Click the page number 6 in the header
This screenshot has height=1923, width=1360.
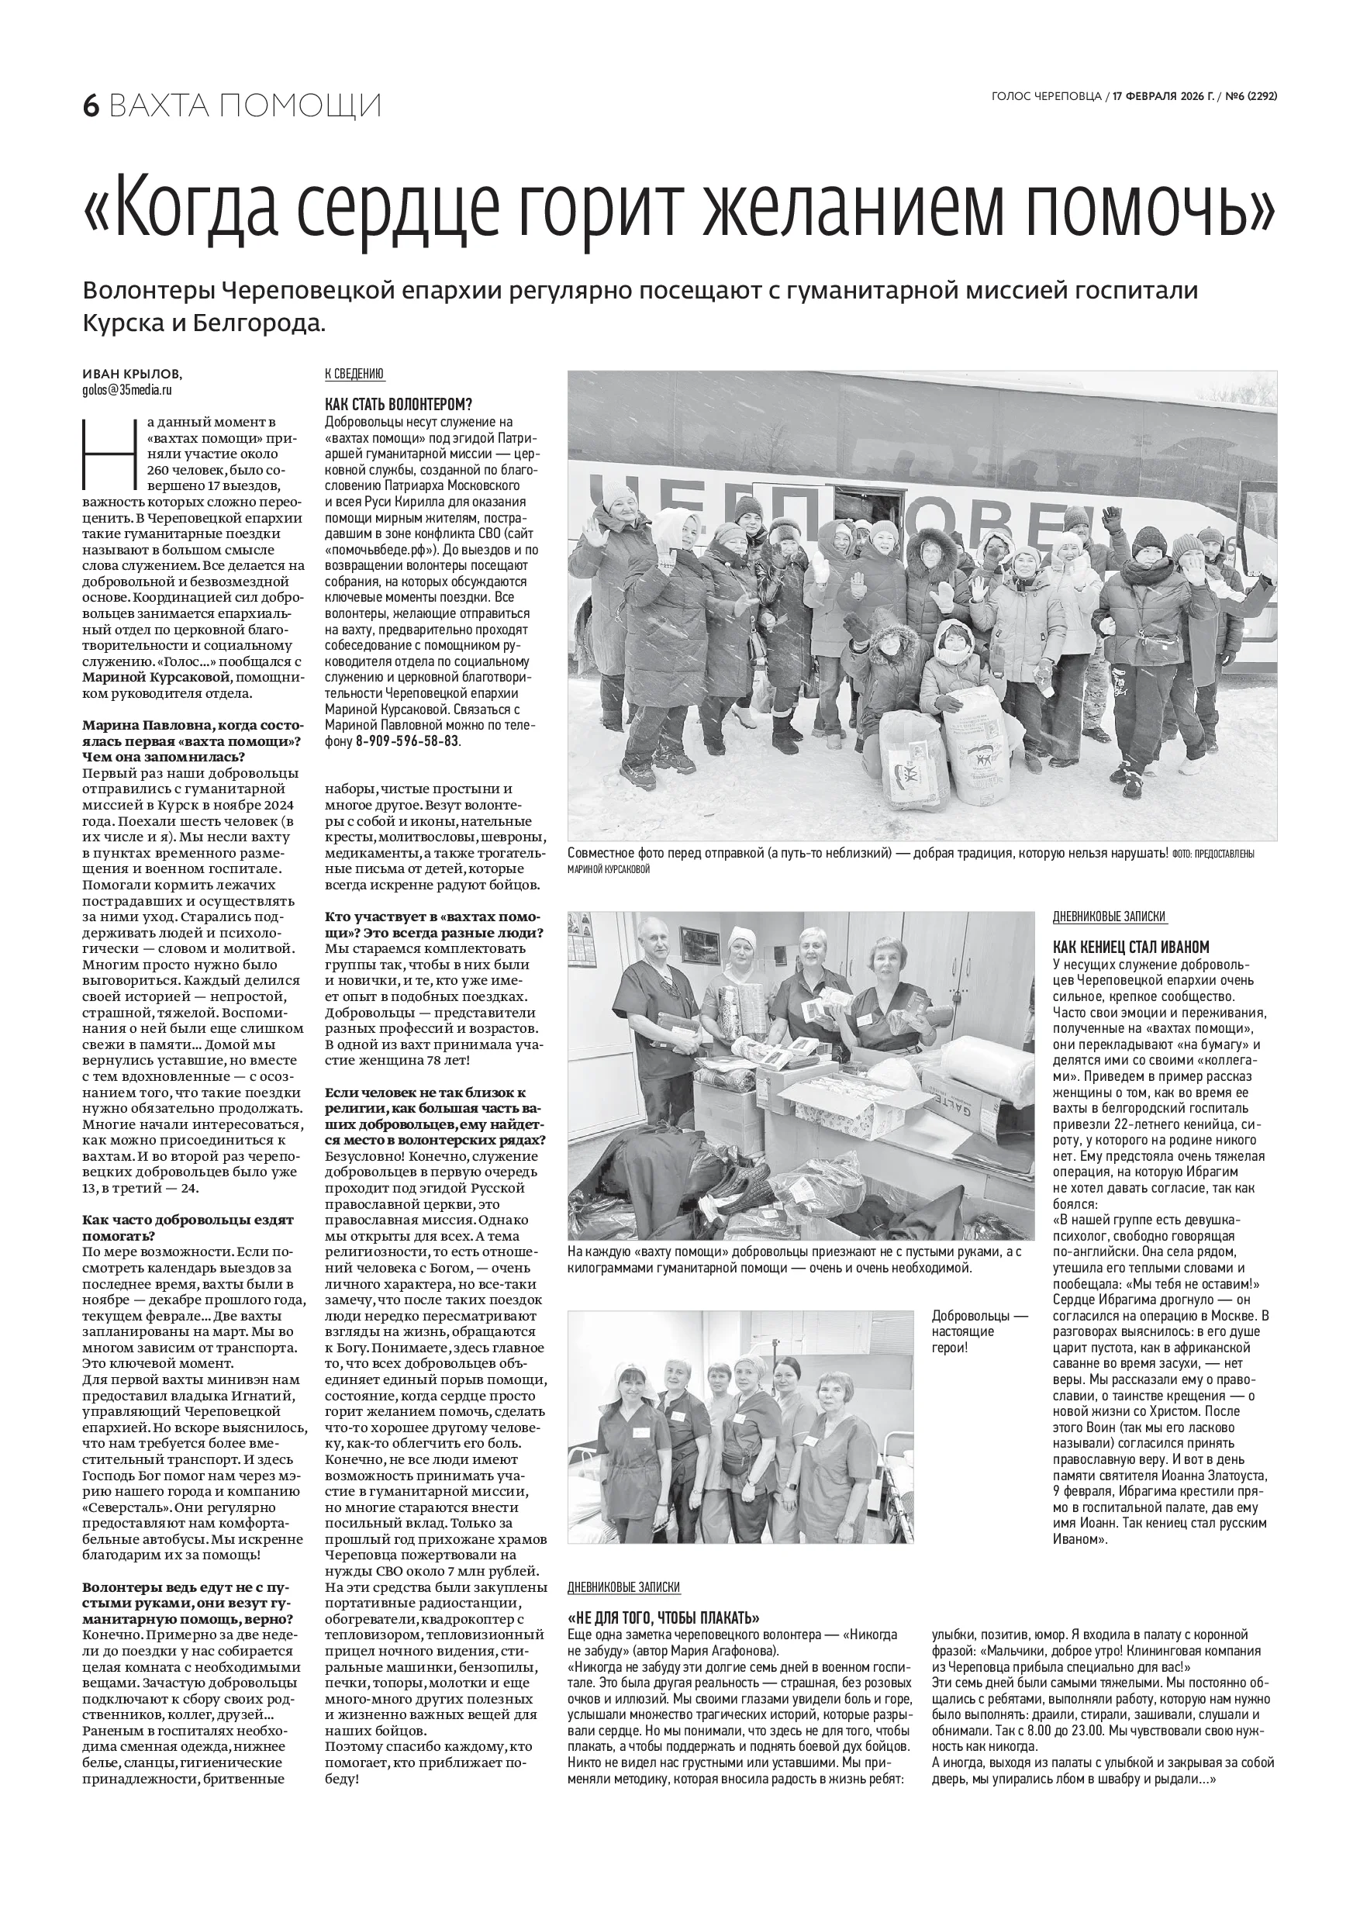pos(91,106)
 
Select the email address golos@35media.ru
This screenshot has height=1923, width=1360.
pos(127,390)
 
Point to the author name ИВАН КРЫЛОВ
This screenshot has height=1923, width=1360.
pos(132,375)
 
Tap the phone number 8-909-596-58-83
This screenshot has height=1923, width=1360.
pos(407,742)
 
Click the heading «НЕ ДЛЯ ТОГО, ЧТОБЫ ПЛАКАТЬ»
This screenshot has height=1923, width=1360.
pos(663,1617)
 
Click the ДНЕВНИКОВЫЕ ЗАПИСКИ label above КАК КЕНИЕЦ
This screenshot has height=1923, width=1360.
pos(1109,917)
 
